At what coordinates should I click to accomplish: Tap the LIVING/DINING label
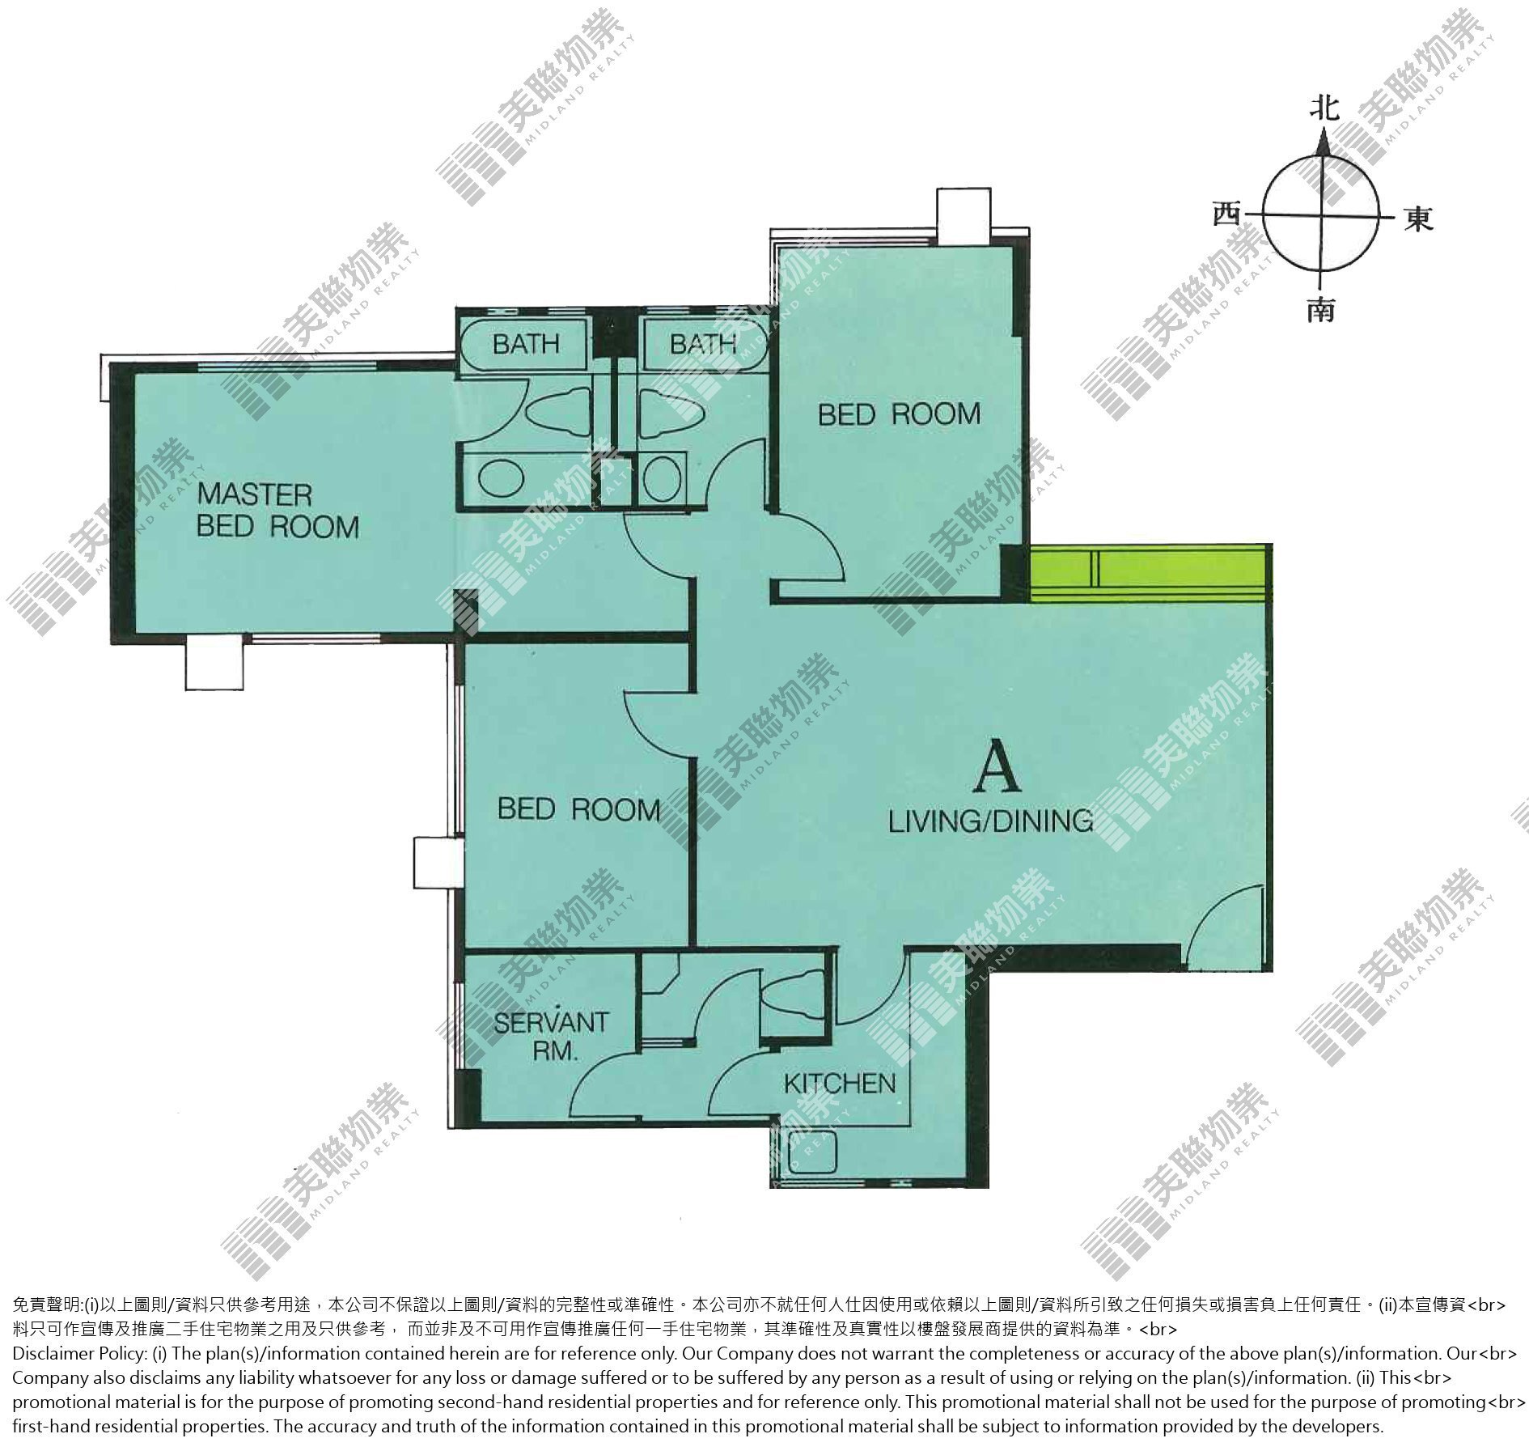[990, 821]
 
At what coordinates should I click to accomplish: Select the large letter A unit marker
[997, 769]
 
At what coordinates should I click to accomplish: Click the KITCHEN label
[840, 1083]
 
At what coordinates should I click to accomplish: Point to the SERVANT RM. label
[550, 1036]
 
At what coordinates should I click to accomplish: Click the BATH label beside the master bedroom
[526, 344]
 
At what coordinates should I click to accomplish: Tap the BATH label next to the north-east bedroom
[702, 344]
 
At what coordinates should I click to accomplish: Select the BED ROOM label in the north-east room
[899, 414]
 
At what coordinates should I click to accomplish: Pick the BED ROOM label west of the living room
[578, 808]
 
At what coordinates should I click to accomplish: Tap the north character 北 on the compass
[1324, 108]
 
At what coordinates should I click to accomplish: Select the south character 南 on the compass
[1321, 309]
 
